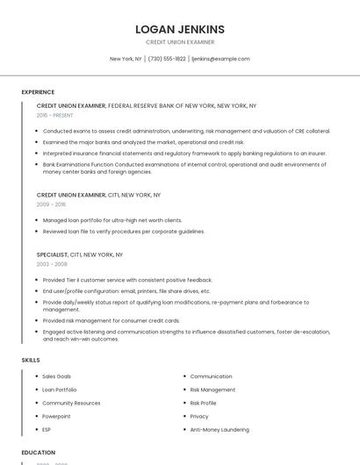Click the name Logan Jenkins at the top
[x=180, y=29]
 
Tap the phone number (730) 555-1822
[x=167, y=59]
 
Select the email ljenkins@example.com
[x=220, y=59]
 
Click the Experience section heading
[x=38, y=92]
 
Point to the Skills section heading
[x=31, y=360]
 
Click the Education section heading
[x=39, y=453]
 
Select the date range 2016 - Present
[x=55, y=115]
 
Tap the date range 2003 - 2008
[x=52, y=263]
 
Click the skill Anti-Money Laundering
[x=220, y=430]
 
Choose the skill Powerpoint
[x=56, y=417]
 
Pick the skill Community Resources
[x=71, y=403]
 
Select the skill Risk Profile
[x=203, y=403]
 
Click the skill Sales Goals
[x=57, y=376]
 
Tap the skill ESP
[x=47, y=430]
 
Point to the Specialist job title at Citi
[x=52, y=254]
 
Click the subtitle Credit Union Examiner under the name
[x=180, y=42]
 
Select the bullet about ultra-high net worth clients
[x=112, y=220]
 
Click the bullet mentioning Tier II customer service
[x=127, y=280]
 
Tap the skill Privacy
[x=199, y=417]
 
